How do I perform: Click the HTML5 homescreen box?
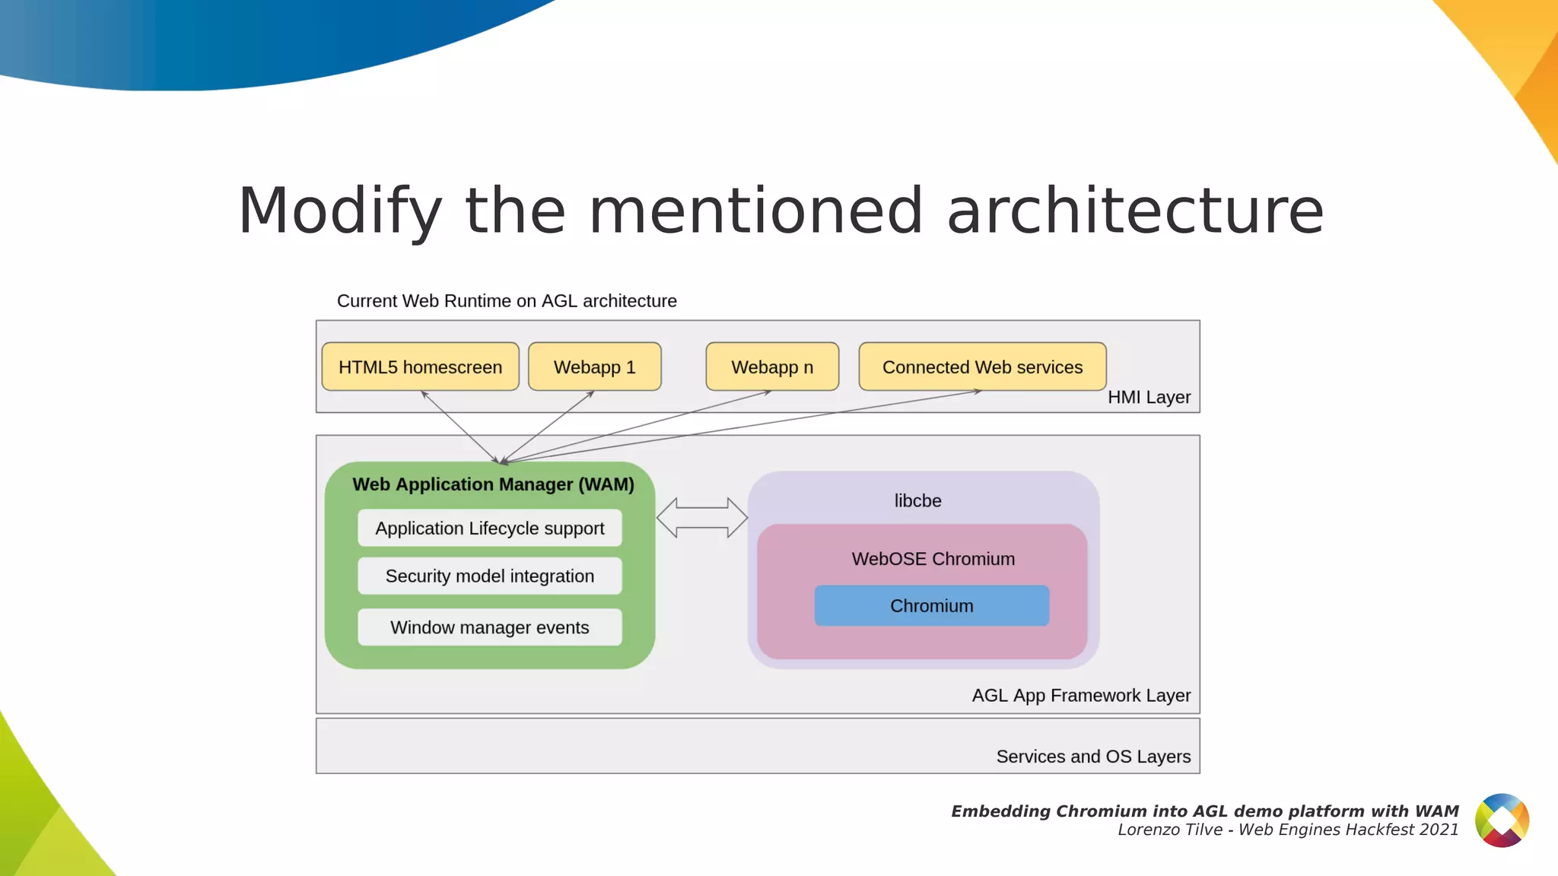[x=420, y=367]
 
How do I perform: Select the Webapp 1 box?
[x=594, y=367]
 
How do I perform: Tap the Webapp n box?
[x=772, y=367]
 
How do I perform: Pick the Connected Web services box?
[x=982, y=367]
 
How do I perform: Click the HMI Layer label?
[x=1149, y=398]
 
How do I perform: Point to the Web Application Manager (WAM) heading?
[x=493, y=484]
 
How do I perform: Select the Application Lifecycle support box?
[x=489, y=528]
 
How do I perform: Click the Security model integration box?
[x=489, y=576]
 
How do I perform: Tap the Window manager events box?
[x=489, y=627]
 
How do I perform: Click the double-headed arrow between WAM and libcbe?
[x=701, y=518]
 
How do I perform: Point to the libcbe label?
[x=917, y=501]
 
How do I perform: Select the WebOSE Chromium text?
[x=933, y=559]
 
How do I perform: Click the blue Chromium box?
[x=931, y=606]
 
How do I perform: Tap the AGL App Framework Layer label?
[x=1081, y=696]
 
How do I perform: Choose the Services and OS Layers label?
[x=1093, y=757]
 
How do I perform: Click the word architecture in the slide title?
[x=1135, y=211]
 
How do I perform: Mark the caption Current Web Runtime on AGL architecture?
[x=507, y=301]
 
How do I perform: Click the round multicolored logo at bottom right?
[x=1502, y=820]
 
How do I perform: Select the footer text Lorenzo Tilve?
[x=1169, y=830]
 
